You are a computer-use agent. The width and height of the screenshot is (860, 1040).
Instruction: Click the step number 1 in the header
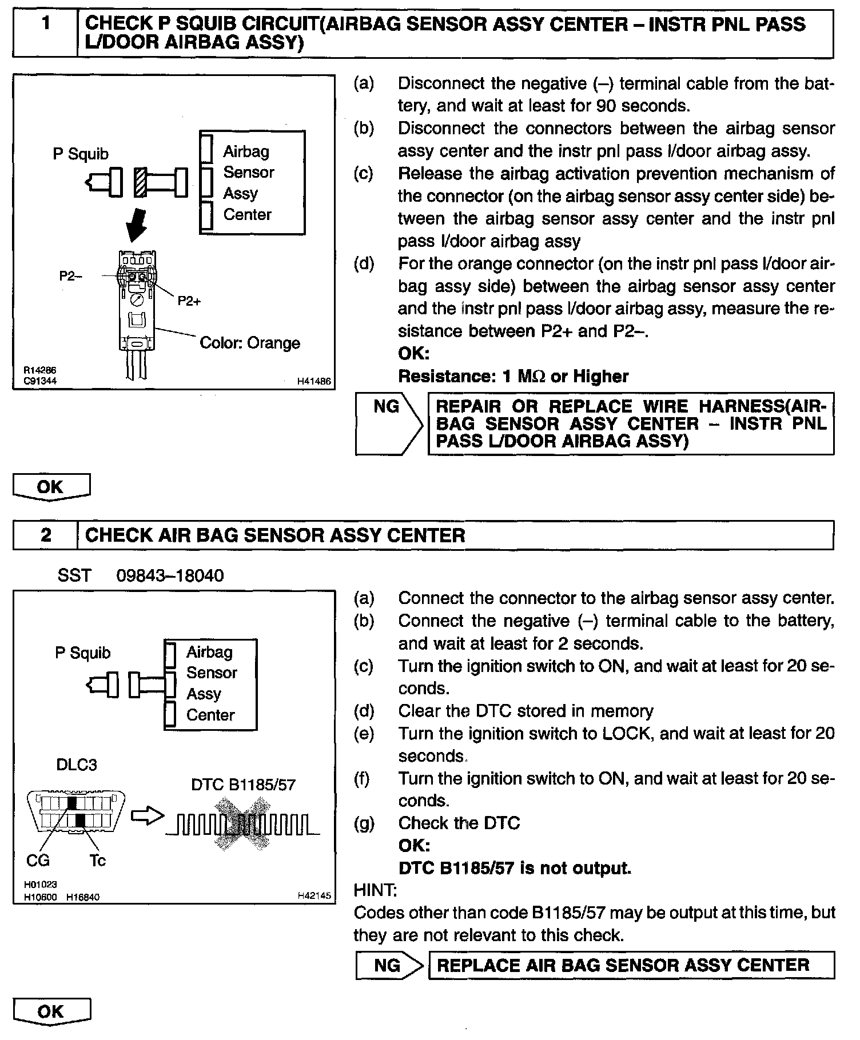[x=45, y=24]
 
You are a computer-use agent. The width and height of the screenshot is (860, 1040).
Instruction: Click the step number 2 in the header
[x=46, y=535]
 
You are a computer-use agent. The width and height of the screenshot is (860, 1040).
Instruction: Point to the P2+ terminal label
[x=189, y=301]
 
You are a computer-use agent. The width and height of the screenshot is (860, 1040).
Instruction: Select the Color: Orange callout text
[x=250, y=343]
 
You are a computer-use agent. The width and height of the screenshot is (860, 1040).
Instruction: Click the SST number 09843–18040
[x=170, y=575]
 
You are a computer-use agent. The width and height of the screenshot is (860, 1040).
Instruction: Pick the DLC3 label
[x=76, y=765]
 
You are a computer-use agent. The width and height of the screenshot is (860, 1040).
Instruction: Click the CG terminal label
[x=38, y=860]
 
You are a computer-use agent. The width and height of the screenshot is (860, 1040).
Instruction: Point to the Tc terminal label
[x=97, y=860]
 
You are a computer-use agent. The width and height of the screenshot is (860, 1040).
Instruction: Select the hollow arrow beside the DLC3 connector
[x=147, y=817]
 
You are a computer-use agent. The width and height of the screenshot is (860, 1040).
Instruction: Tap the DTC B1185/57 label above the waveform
[x=243, y=785]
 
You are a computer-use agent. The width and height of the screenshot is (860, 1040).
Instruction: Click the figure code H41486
[x=314, y=381]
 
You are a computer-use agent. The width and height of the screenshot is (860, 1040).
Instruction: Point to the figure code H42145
[x=314, y=896]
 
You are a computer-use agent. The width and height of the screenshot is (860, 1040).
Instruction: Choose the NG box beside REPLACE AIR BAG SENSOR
[x=387, y=966]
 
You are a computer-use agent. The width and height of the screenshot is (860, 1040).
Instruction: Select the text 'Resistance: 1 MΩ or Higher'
[x=513, y=376]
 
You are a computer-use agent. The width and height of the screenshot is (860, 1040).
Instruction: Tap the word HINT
[x=375, y=890]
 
